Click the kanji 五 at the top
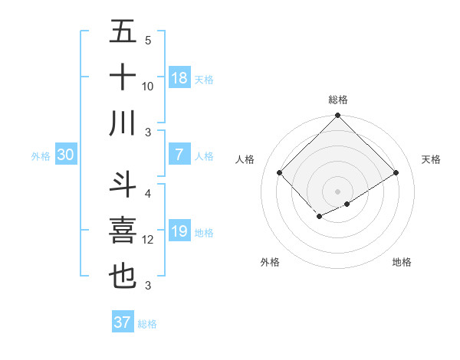click(x=123, y=32)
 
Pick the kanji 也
click(x=123, y=277)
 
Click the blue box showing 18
click(x=179, y=78)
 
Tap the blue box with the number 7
click(x=179, y=155)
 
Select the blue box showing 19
click(x=179, y=231)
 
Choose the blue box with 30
click(x=66, y=155)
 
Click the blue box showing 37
click(x=123, y=322)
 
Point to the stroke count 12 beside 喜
click(x=148, y=240)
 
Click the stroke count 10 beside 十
click(x=148, y=87)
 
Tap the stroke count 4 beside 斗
click(x=148, y=193)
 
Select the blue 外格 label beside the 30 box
click(x=41, y=155)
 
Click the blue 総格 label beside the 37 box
click(x=147, y=324)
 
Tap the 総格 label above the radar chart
click(x=337, y=100)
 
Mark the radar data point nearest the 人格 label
click(x=280, y=172)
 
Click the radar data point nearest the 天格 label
click(x=397, y=173)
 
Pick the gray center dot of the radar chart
click(x=337, y=190)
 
